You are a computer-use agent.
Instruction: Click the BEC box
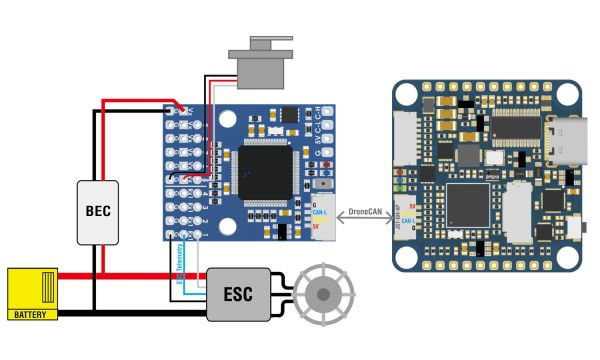[x=99, y=212]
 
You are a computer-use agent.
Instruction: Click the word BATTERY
[x=30, y=314]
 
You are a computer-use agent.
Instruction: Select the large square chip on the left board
[x=265, y=171]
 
